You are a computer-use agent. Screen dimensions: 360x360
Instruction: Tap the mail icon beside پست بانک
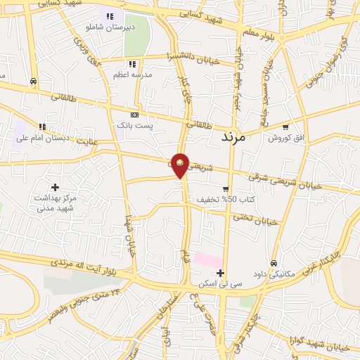pos(135,115)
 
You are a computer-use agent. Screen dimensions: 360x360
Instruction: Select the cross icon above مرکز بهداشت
pos(55,186)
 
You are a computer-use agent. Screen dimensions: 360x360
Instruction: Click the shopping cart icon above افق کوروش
pos(285,128)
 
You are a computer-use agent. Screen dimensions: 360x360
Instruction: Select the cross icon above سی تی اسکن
pos(220,273)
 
